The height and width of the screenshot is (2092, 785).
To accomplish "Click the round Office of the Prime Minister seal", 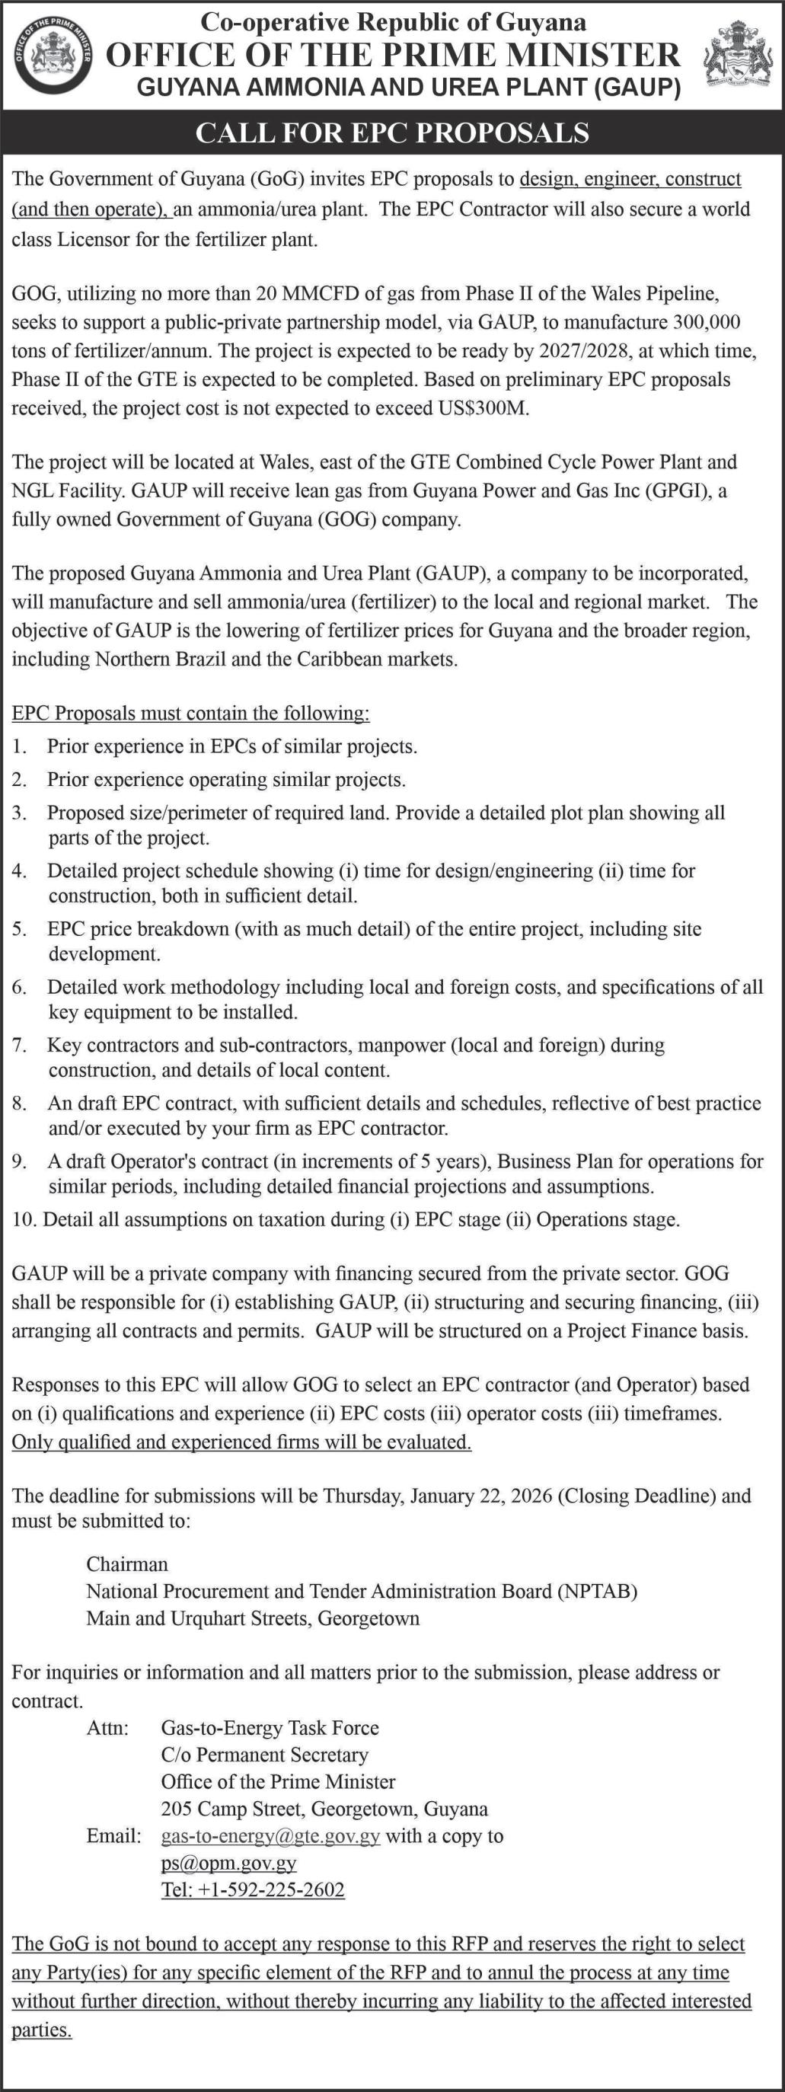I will tap(56, 56).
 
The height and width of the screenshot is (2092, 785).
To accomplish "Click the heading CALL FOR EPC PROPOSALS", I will tap(392, 133).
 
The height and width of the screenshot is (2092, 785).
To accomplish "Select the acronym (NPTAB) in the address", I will tap(597, 1590).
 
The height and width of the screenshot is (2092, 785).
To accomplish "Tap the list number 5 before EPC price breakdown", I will tap(20, 929).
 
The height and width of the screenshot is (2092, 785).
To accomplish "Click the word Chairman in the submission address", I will tap(127, 1563).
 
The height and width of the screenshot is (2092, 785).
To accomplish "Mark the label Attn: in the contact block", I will tap(108, 1727).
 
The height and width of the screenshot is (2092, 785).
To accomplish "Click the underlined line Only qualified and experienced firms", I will tap(241, 1442).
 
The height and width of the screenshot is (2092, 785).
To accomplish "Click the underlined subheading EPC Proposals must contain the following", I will tap(190, 713).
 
